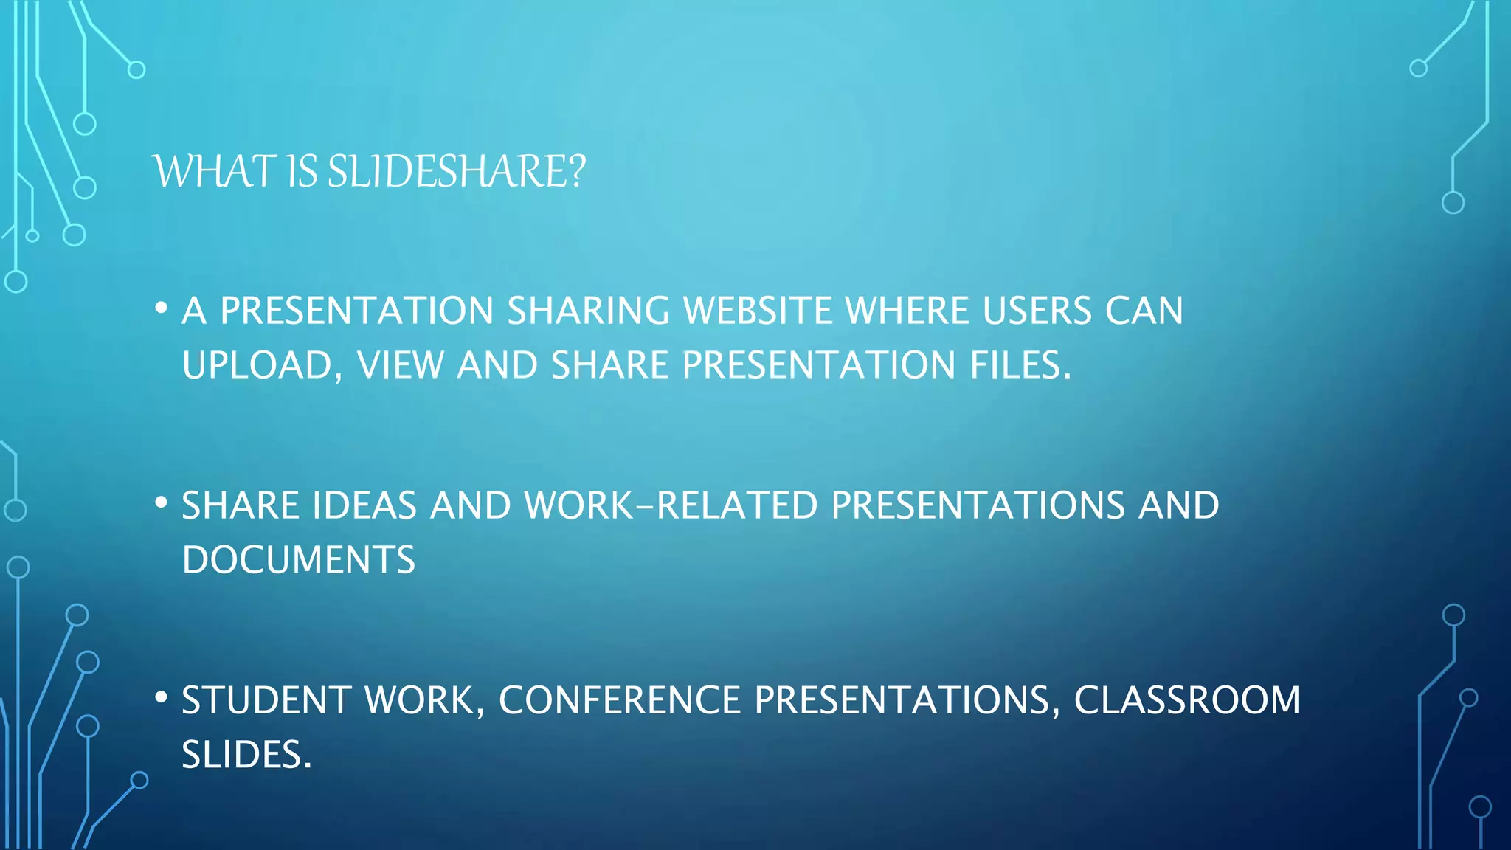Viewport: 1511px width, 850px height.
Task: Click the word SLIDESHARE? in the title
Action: (x=456, y=171)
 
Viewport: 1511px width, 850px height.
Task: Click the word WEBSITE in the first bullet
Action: (x=757, y=311)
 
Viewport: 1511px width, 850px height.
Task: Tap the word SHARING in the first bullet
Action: (x=588, y=311)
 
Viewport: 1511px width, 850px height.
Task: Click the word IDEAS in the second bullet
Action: (x=364, y=506)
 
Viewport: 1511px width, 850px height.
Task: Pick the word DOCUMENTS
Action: (x=299, y=560)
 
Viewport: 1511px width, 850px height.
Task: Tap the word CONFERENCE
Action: (x=620, y=700)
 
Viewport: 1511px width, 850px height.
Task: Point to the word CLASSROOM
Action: (x=1186, y=700)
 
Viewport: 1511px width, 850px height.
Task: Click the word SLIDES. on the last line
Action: (x=246, y=755)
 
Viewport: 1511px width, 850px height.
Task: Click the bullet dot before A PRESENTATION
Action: (x=162, y=308)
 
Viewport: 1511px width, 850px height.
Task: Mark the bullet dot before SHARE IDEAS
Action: (x=162, y=503)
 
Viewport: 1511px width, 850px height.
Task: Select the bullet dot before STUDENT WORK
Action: (x=162, y=697)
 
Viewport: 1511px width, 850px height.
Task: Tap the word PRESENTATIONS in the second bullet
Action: (x=978, y=506)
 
